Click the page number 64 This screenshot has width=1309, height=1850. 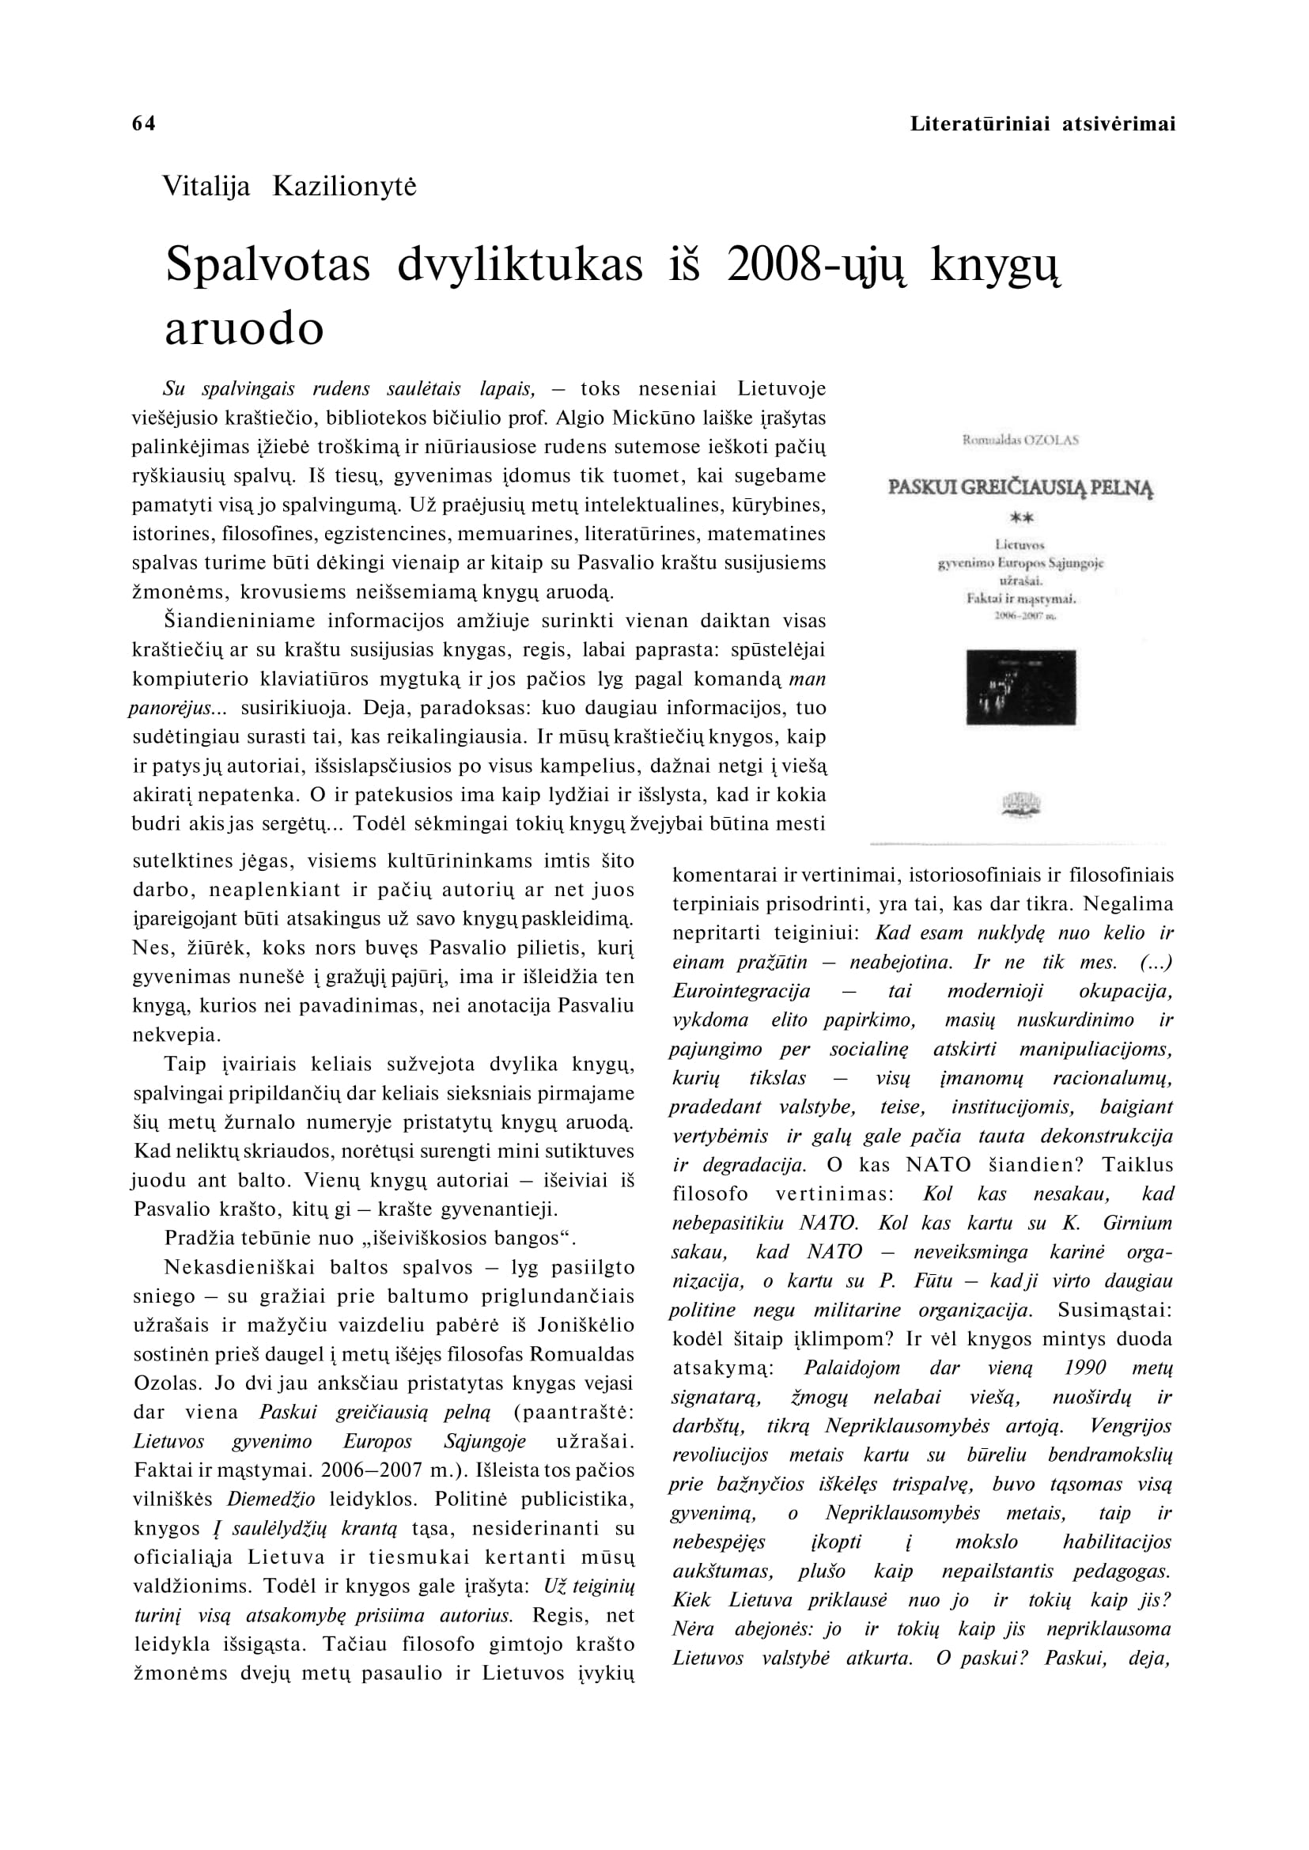[143, 123]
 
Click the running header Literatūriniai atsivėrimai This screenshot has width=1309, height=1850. [1042, 124]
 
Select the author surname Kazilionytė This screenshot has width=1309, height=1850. [344, 187]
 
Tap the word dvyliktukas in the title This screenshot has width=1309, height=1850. [520, 264]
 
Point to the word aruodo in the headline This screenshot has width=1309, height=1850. [244, 328]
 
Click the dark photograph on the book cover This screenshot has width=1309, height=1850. [1020, 687]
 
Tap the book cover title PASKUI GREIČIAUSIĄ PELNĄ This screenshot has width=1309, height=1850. [1020, 489]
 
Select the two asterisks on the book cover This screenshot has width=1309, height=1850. [1021, 518]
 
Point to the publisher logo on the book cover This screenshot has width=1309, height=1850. [1020, 804]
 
